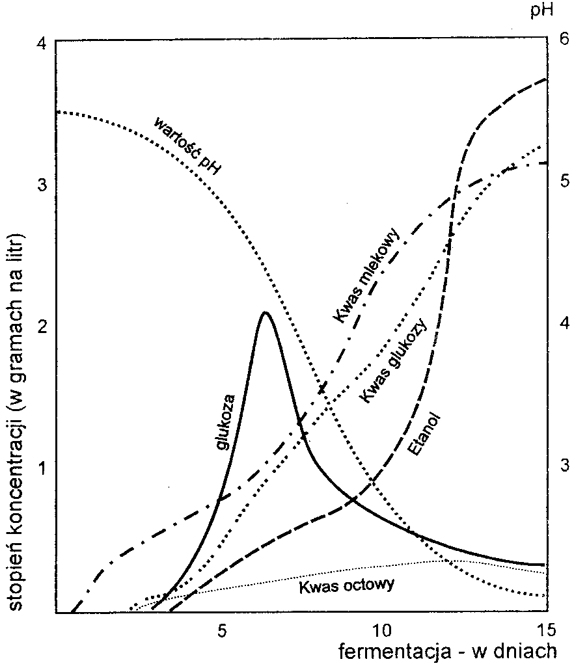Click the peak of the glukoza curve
point(265,313)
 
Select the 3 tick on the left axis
point(42,185)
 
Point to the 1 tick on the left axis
point(42,468)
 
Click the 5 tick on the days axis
point(221,629)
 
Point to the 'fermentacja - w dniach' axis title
point(447,650)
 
